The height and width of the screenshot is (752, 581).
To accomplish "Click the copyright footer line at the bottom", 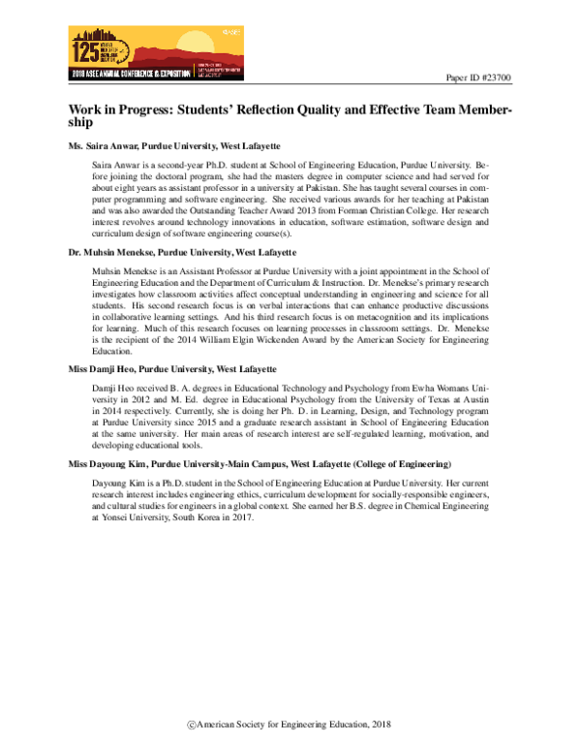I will click(x=290, y=726).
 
